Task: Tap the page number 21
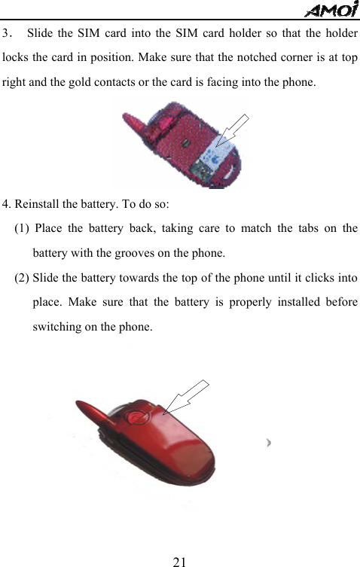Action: (x=179, y=560)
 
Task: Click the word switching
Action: (x=56, y=326)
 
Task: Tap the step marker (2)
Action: (x=22, y=278)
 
